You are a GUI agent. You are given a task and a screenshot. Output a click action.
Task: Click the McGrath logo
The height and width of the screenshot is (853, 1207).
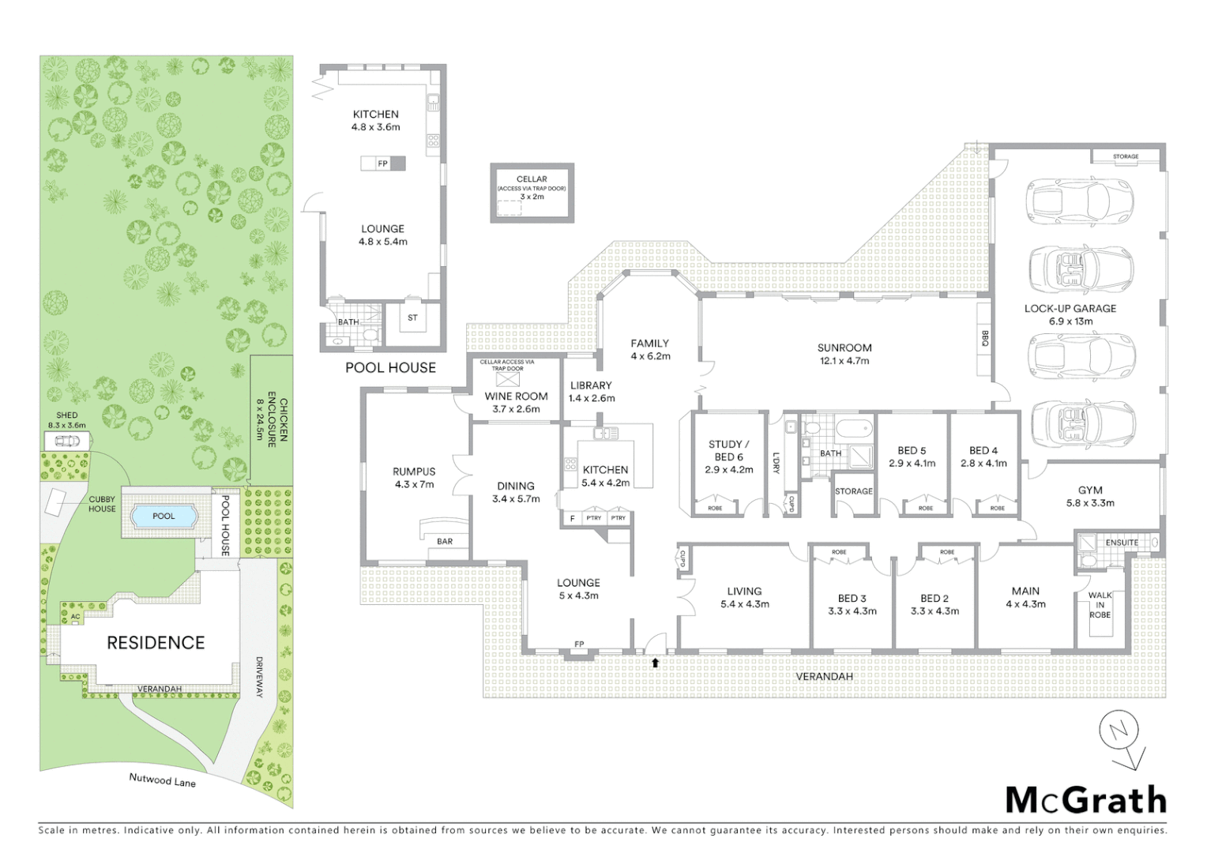1085,800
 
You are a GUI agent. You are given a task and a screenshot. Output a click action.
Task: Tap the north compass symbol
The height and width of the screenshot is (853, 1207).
1122,734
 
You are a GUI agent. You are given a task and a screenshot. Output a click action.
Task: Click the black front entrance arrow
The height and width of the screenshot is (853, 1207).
655,663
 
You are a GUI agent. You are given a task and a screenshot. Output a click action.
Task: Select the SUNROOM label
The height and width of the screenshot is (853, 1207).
844,348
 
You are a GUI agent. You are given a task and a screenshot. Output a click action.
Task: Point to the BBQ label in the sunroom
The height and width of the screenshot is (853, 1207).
984,338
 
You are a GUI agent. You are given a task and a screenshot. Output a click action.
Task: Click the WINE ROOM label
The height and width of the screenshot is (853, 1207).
516,396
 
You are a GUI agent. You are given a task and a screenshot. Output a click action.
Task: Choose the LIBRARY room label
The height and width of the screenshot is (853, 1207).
591,385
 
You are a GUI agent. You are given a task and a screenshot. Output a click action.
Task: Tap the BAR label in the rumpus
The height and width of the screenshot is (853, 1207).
445,541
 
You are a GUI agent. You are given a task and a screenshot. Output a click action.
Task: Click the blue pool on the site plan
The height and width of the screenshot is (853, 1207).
164,517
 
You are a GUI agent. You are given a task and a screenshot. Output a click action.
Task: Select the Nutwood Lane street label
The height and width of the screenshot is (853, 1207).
162,780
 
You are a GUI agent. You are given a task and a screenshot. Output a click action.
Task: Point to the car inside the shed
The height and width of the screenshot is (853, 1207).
66,440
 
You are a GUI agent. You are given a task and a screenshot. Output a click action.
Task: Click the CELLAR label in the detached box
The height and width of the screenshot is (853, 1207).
532,179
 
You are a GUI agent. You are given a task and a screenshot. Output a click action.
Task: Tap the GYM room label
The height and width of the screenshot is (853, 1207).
1090,490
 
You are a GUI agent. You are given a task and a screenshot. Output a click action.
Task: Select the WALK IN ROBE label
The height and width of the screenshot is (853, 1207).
1100,605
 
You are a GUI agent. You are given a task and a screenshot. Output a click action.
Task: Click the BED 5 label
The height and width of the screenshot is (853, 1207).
912,451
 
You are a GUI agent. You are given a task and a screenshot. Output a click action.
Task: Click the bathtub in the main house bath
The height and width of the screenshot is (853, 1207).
855,431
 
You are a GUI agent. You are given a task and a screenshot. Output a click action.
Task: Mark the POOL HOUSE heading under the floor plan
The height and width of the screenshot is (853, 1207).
390,367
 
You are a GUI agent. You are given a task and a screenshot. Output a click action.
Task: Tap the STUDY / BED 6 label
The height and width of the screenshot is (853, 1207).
728,450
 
